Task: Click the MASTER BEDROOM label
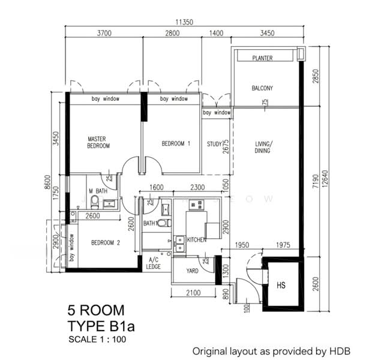click(98, 142)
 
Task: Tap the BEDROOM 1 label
click(176, 143)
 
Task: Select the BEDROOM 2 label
click(106, 242)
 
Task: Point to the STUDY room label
click(214, 144)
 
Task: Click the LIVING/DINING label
click(262, 148)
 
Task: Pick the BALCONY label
click(262, 88)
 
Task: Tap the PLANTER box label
click(262, 58)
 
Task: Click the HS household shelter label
click(281, 285)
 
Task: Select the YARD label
click(193, 271)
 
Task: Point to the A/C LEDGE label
click(154, 263)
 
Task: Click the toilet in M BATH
click(95, 202)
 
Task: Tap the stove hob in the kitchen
click(196, 205)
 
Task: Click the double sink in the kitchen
click(180, 244)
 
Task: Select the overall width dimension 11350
click(184, 22)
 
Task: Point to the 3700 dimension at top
click(104, 33)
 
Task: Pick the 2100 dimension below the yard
click(193, 293)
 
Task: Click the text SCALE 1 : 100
click(97, 339)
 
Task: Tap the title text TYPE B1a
click(101, 326)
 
